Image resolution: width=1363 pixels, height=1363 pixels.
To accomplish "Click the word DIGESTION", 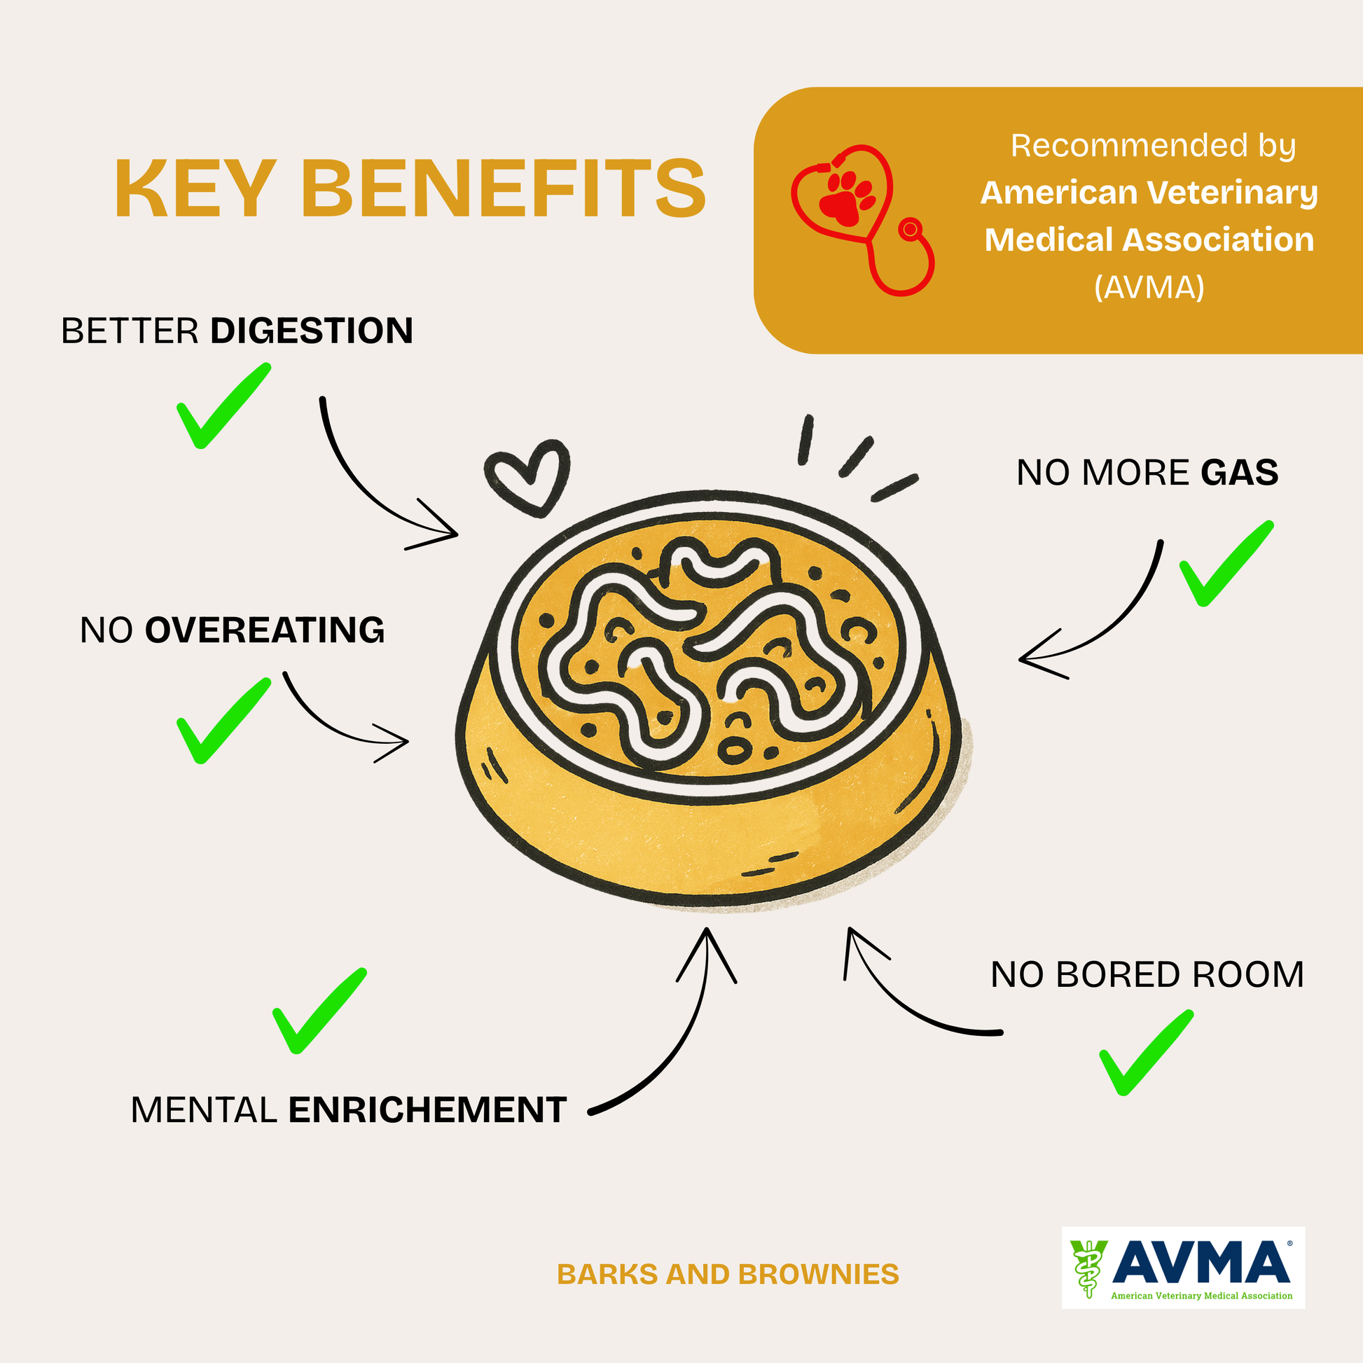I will [x=311, y=331].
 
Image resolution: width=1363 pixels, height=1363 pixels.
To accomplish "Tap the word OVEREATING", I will [x=265, y=630].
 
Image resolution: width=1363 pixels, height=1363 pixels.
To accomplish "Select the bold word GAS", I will [x=1240, y=473].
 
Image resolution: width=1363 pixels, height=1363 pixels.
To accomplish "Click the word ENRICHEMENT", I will [x=427, y=1109].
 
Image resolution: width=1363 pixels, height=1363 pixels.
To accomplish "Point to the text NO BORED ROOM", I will [x=1147, y=975].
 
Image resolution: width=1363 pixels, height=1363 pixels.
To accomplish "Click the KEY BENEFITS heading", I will [x=410, y=189].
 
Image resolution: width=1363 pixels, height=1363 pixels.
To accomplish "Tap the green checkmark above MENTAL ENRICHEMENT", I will [x=318, y=1011].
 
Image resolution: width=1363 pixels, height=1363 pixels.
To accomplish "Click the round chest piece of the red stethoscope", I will [x=910, y=229].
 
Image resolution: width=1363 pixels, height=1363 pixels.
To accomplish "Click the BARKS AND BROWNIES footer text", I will [x=728, y=1275].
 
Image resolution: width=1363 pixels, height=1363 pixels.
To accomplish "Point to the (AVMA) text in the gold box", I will [x=1149, y=287].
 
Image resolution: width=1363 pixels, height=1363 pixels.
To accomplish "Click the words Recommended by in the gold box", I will [x=1153, y=146].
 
